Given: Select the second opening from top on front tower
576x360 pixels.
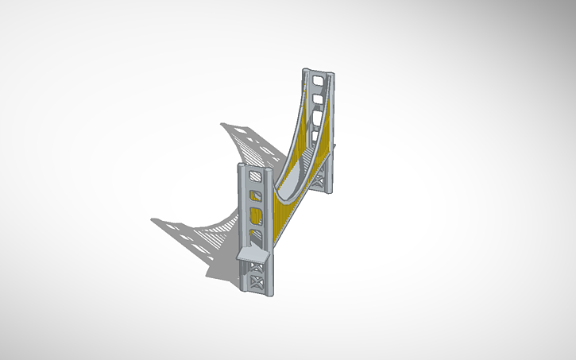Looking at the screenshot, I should coord(254,195).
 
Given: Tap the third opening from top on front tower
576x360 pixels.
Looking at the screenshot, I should coord(255,215).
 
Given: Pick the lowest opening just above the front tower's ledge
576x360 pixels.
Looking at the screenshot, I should coord(256,234).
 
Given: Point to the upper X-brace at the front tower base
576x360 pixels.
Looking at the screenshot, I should coord(257,267).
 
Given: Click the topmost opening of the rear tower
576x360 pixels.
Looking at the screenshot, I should coord(318,79).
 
